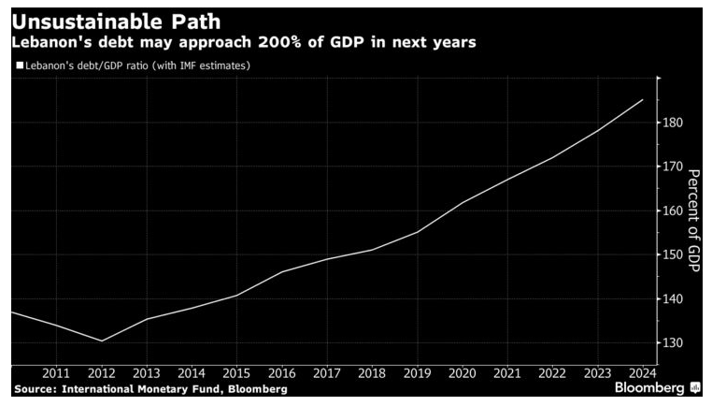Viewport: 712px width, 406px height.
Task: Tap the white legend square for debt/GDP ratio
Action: tap(19, 65)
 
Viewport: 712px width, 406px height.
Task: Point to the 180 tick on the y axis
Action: tap(672, 123)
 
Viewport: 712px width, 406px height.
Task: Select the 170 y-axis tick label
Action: tap(672, 167)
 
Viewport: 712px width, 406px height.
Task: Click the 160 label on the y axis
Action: tap(672, 210)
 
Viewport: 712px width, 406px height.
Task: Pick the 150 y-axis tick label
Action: tap(672, 254)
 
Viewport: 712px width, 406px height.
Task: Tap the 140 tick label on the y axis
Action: tap(672, 299)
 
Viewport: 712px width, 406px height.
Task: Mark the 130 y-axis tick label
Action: tap(672, 343)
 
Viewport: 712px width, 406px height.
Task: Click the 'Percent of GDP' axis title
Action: tap(693, 220)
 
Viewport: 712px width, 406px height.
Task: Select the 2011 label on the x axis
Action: tap(56, 373)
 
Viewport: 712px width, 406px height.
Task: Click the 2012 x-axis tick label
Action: tap(101, 373)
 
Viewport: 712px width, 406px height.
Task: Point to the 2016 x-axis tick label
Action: tap(281, 373)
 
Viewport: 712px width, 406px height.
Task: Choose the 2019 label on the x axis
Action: tap(417, 373)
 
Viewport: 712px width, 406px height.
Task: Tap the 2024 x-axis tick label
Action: tap(643, 373)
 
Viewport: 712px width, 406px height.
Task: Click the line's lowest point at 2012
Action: tap(101, 341)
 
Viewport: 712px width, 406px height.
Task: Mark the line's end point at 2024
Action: tap(643, 100)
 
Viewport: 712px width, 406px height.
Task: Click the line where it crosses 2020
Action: tap(463, 202)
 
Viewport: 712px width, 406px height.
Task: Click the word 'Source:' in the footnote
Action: tap(36, 388)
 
